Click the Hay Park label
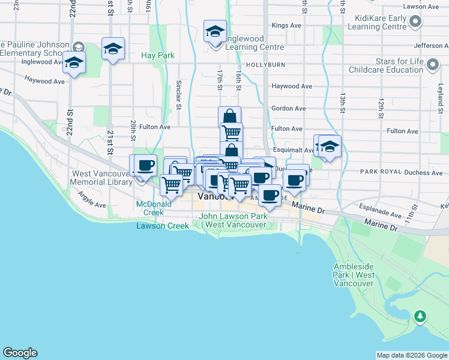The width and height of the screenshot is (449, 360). [x=158, y=55]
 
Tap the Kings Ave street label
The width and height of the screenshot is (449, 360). [x=286, y=26]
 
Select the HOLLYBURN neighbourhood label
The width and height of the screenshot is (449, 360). [x=264, y=65]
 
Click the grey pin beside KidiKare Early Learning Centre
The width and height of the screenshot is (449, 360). [x=415, y=23]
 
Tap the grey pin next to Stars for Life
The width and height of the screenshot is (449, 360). [x=432, y=65]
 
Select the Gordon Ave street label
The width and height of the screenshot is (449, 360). [x=289, y=109]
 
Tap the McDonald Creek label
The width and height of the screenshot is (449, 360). [x=149, y=208]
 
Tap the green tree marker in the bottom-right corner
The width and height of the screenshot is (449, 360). [x=420, y=316]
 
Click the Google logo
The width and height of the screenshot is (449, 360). [x=20, y=353]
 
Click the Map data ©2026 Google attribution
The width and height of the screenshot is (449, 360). [x=412, y=355]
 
